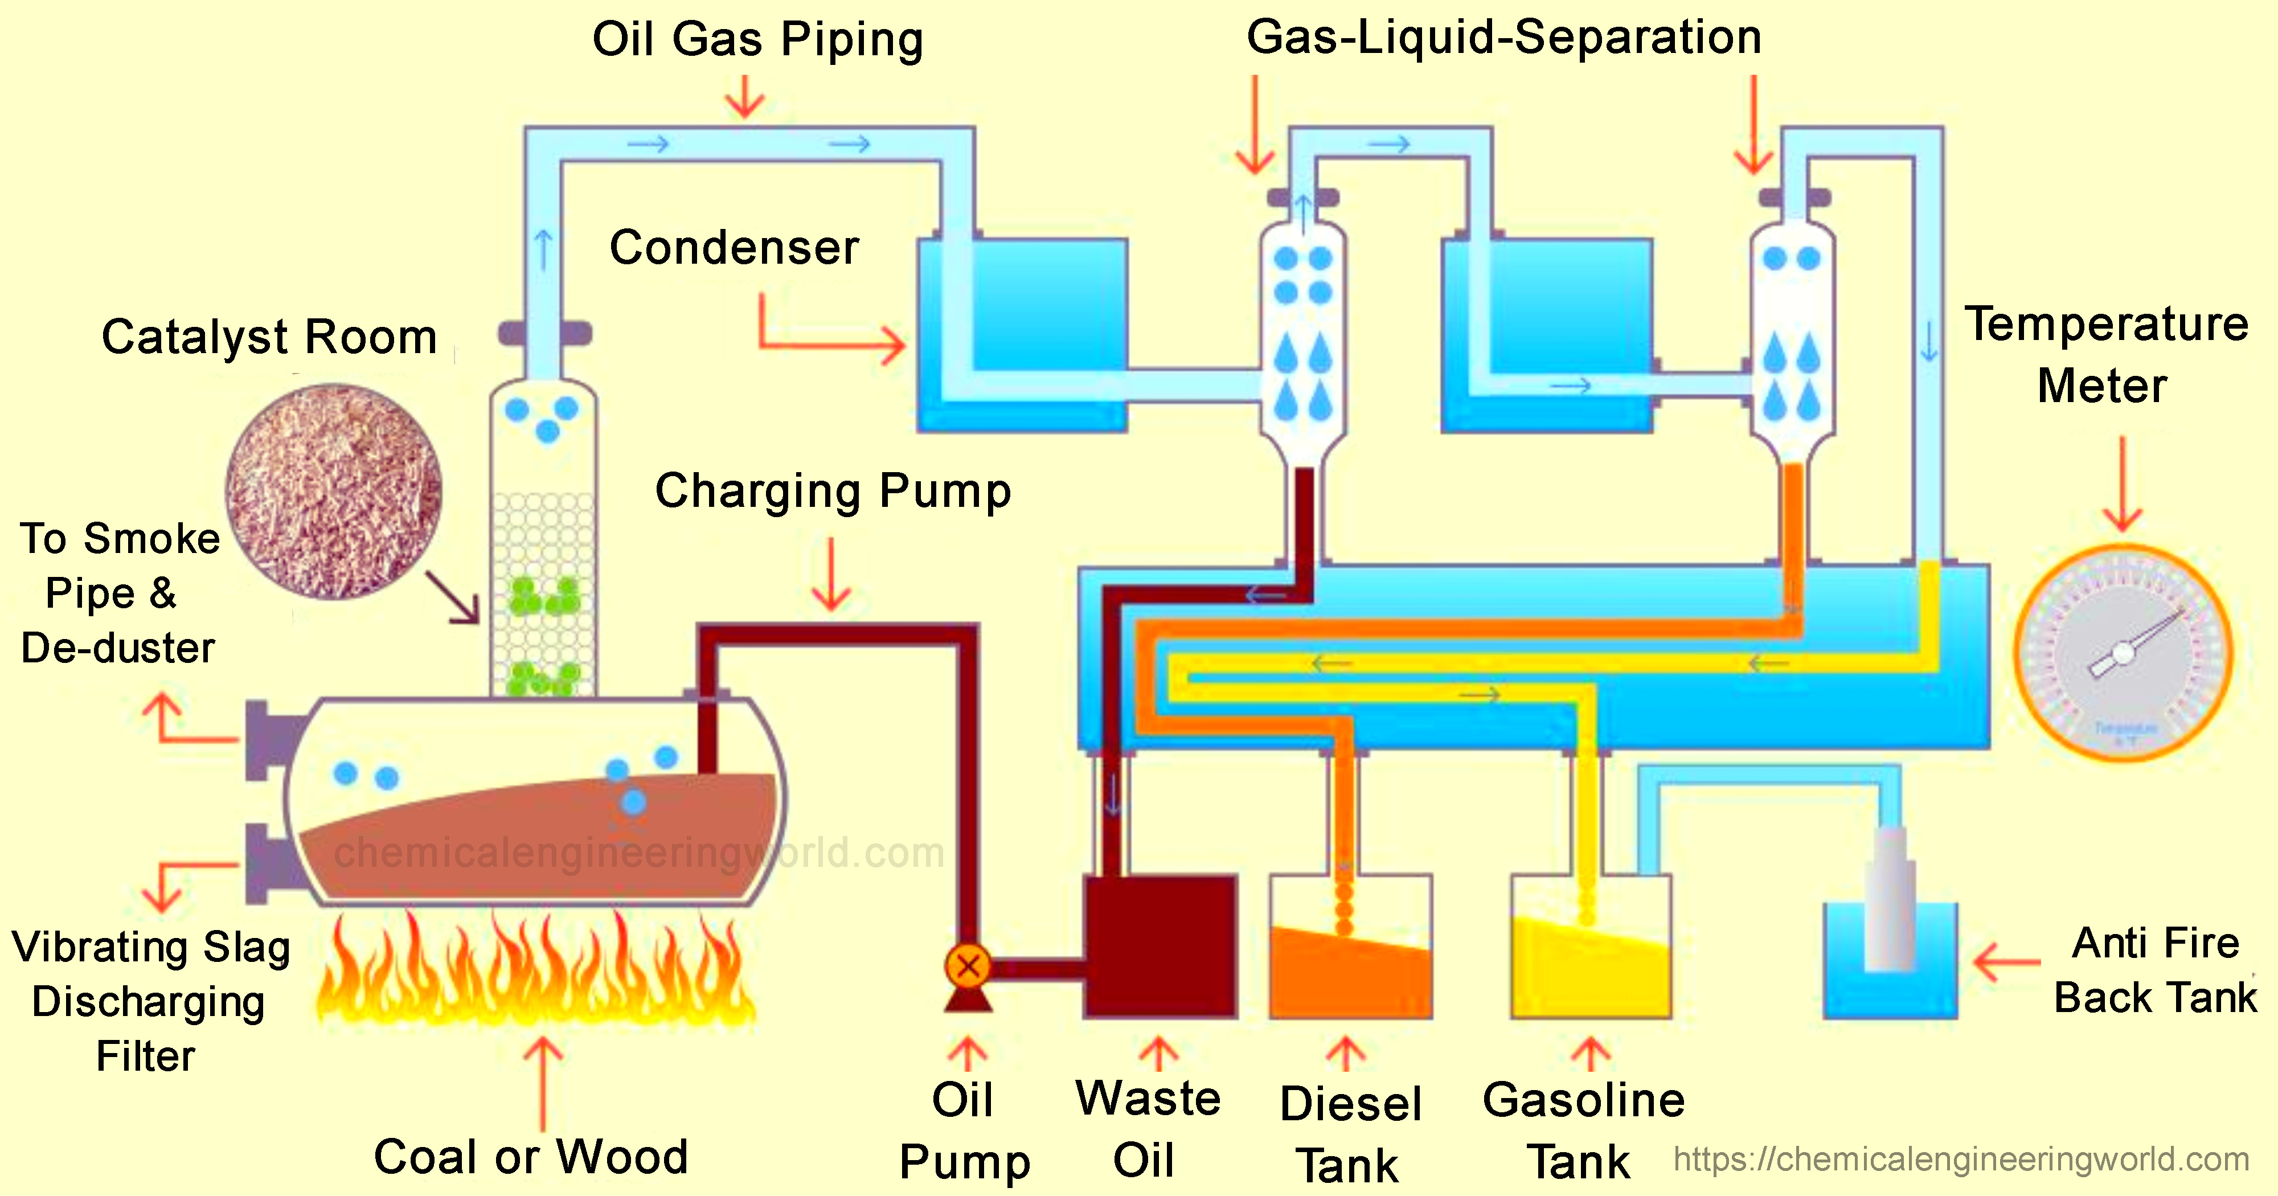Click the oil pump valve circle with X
(x=968, y=966)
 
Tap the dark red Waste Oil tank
(x=1160, y=947)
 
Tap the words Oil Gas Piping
(x=758, y=40)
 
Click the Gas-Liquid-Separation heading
(x=1503, y=37)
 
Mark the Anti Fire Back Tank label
(x=2155, y=970)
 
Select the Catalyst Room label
(x=270, y=337)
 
